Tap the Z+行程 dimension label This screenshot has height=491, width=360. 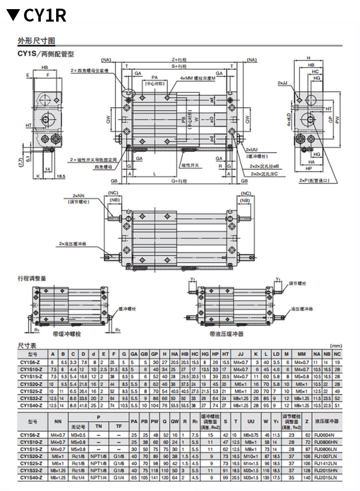[x=180, y=60]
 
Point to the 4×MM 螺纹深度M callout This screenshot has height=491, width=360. [x=198, y=78]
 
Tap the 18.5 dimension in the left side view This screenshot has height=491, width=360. [x=60, y=176]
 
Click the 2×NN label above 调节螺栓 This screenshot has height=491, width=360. [x=79, y=196]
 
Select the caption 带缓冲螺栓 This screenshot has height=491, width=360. [x=65, y=333]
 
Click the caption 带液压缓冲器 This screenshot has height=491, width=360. [x=226, y=333]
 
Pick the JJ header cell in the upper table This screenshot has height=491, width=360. [x=240, y=353]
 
